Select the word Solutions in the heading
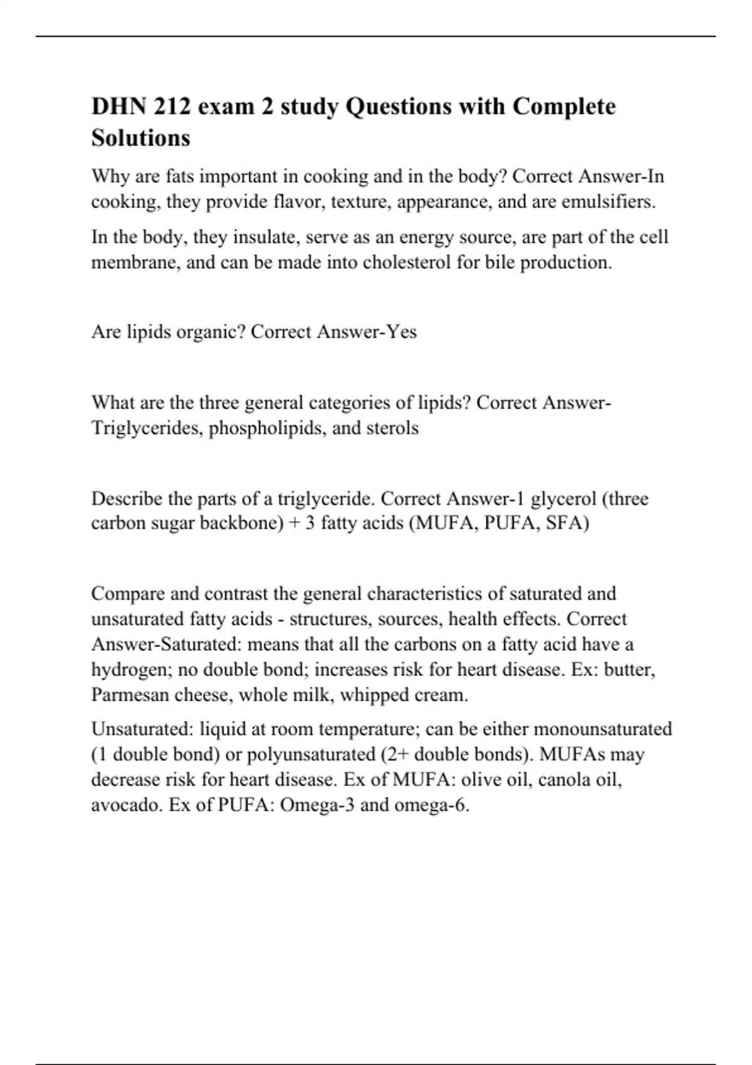click(140, 138)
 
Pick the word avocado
click(127, 804)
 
